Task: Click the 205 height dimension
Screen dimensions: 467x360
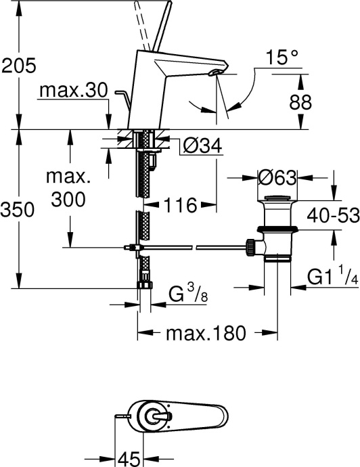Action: point(18,66)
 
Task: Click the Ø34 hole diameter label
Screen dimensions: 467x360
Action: point(202,145)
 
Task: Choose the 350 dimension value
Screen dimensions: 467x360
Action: point(18,210)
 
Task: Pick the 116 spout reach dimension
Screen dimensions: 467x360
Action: point(179,204)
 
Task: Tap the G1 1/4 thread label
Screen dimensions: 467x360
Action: point(332,278)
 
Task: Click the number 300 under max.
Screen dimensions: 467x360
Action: point(68,200)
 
